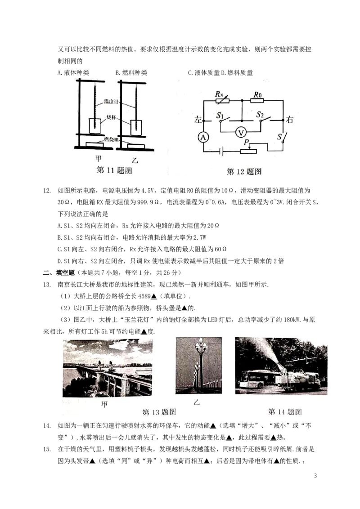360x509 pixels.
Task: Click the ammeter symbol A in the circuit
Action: pyautogui.click(x=203, y=138)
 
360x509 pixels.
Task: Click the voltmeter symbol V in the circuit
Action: pyautogui.click(x=241, y=132)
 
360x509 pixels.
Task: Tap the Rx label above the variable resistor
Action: pyautogui.click(x=219, y=94)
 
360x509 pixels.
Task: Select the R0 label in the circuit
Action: pyautogui.click(x=258, y=94)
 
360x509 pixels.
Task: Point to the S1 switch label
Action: pyautogui.click(x=220, y=115)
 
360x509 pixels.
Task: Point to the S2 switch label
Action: pyautogui.click(x=260, y=114)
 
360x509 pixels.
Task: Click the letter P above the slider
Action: pyautogui.click(x=246, y=142)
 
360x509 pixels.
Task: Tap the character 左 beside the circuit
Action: pyautogui.click(x=198, y=120)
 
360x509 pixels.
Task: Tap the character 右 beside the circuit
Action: pyautogui.click(x=289, y=120)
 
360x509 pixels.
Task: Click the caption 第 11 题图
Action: pyautogui.click(x=114, y=170)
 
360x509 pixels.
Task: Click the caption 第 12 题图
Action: pyautogui.click(x=244, y=171)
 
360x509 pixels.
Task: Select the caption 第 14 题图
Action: pyautogui.click(x=285, y=411)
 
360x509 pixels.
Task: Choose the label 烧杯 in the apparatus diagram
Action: pyautogui.click(x=112, y=117)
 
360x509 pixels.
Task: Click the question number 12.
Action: pyautogui.click(x=47, y=191)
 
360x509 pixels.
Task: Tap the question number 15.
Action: pyautogui.click(x=47, y=449)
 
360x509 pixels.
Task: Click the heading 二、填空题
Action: pyautogui.click(x=59, y=272)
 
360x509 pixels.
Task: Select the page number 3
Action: pyautogui.click(x=315, y=476)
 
